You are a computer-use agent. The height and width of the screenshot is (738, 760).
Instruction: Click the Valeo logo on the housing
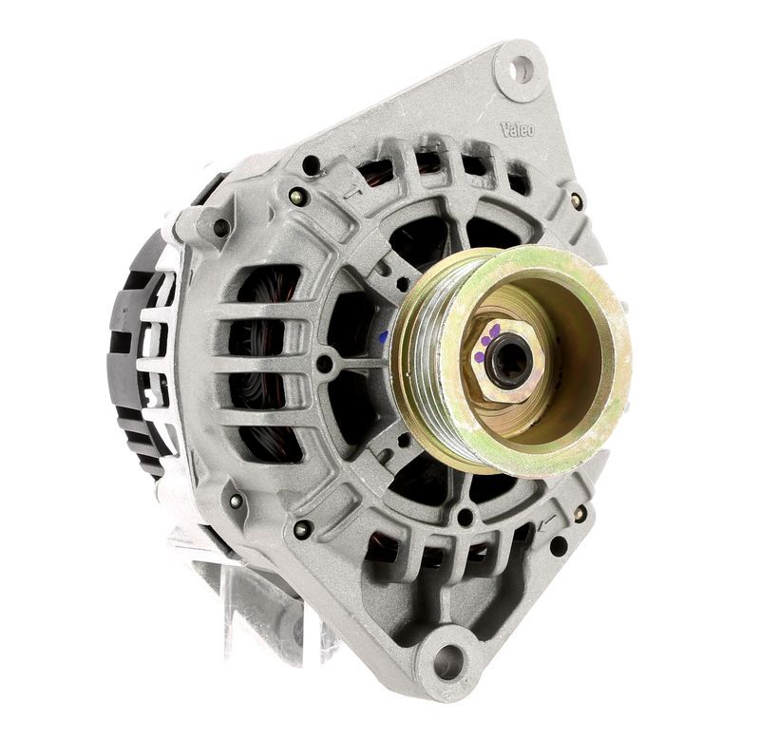tap(517, 129)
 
